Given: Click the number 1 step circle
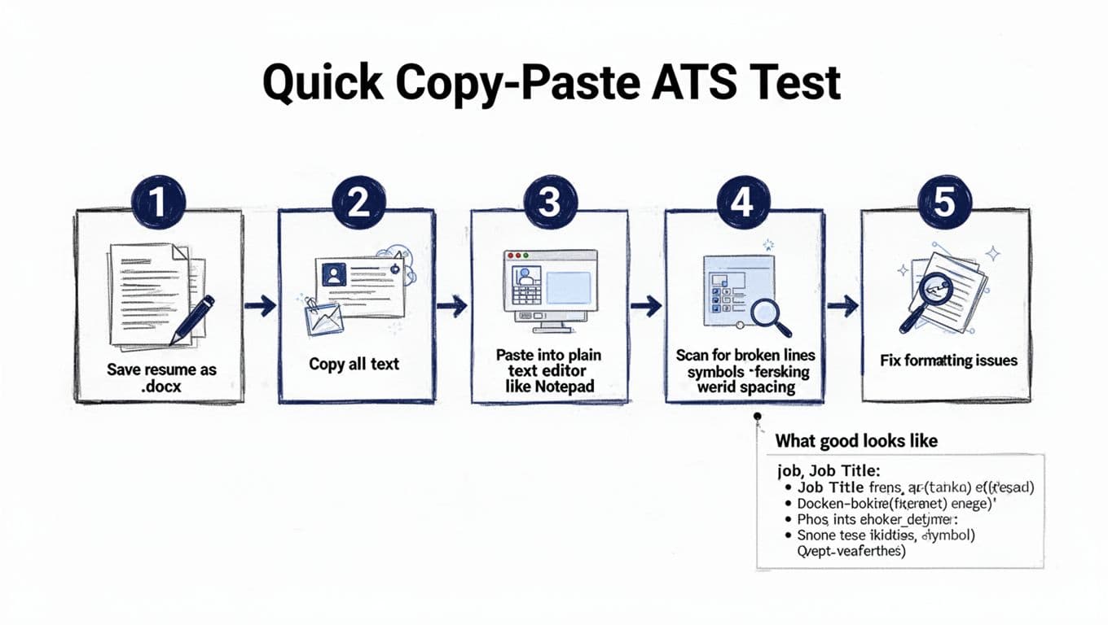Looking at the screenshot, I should [159, 202].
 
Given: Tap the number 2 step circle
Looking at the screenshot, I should [358, 202].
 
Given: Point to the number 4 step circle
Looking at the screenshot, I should [741, 202].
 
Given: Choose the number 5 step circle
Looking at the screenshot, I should [943, 202].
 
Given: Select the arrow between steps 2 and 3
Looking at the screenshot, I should [452, 307].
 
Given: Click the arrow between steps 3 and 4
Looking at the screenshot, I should [646, 307].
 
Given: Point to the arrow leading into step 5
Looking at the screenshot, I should [843, 307].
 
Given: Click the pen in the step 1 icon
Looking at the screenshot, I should [192, 319].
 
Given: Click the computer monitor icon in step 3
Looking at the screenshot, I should [551, 290].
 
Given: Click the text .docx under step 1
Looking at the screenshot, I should [160, 387].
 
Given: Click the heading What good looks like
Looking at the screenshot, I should [856, 441].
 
